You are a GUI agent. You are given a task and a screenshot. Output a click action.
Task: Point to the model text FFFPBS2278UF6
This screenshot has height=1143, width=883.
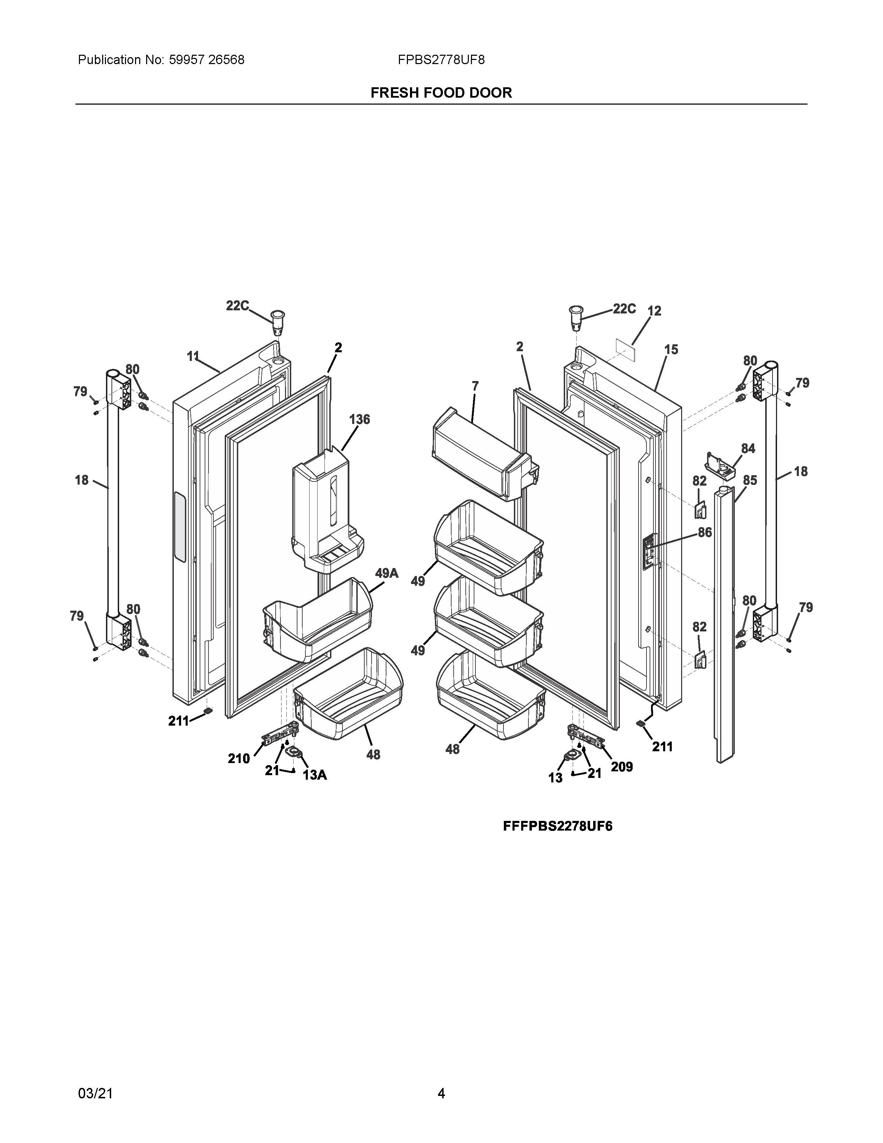[x=558, y=826]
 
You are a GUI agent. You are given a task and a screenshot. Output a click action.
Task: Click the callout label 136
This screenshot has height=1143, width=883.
[x=359, y=419]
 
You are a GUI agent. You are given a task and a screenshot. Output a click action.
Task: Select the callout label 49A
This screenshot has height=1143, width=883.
[x=386, y=574]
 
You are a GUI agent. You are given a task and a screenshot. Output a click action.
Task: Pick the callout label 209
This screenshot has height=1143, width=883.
[x=622, y=767]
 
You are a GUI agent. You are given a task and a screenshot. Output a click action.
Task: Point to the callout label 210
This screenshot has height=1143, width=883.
[x=239, y=758]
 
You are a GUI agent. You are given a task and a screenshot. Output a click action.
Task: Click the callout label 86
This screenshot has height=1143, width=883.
[x=705, y=532]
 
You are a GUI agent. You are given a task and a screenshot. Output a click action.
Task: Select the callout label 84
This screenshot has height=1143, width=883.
[x=748, y=449]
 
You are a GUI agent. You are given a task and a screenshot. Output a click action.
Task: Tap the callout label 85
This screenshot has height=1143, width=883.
[x=750, y=480]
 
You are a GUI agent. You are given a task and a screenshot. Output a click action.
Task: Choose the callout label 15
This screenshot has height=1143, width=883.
[x=671, y=349]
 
